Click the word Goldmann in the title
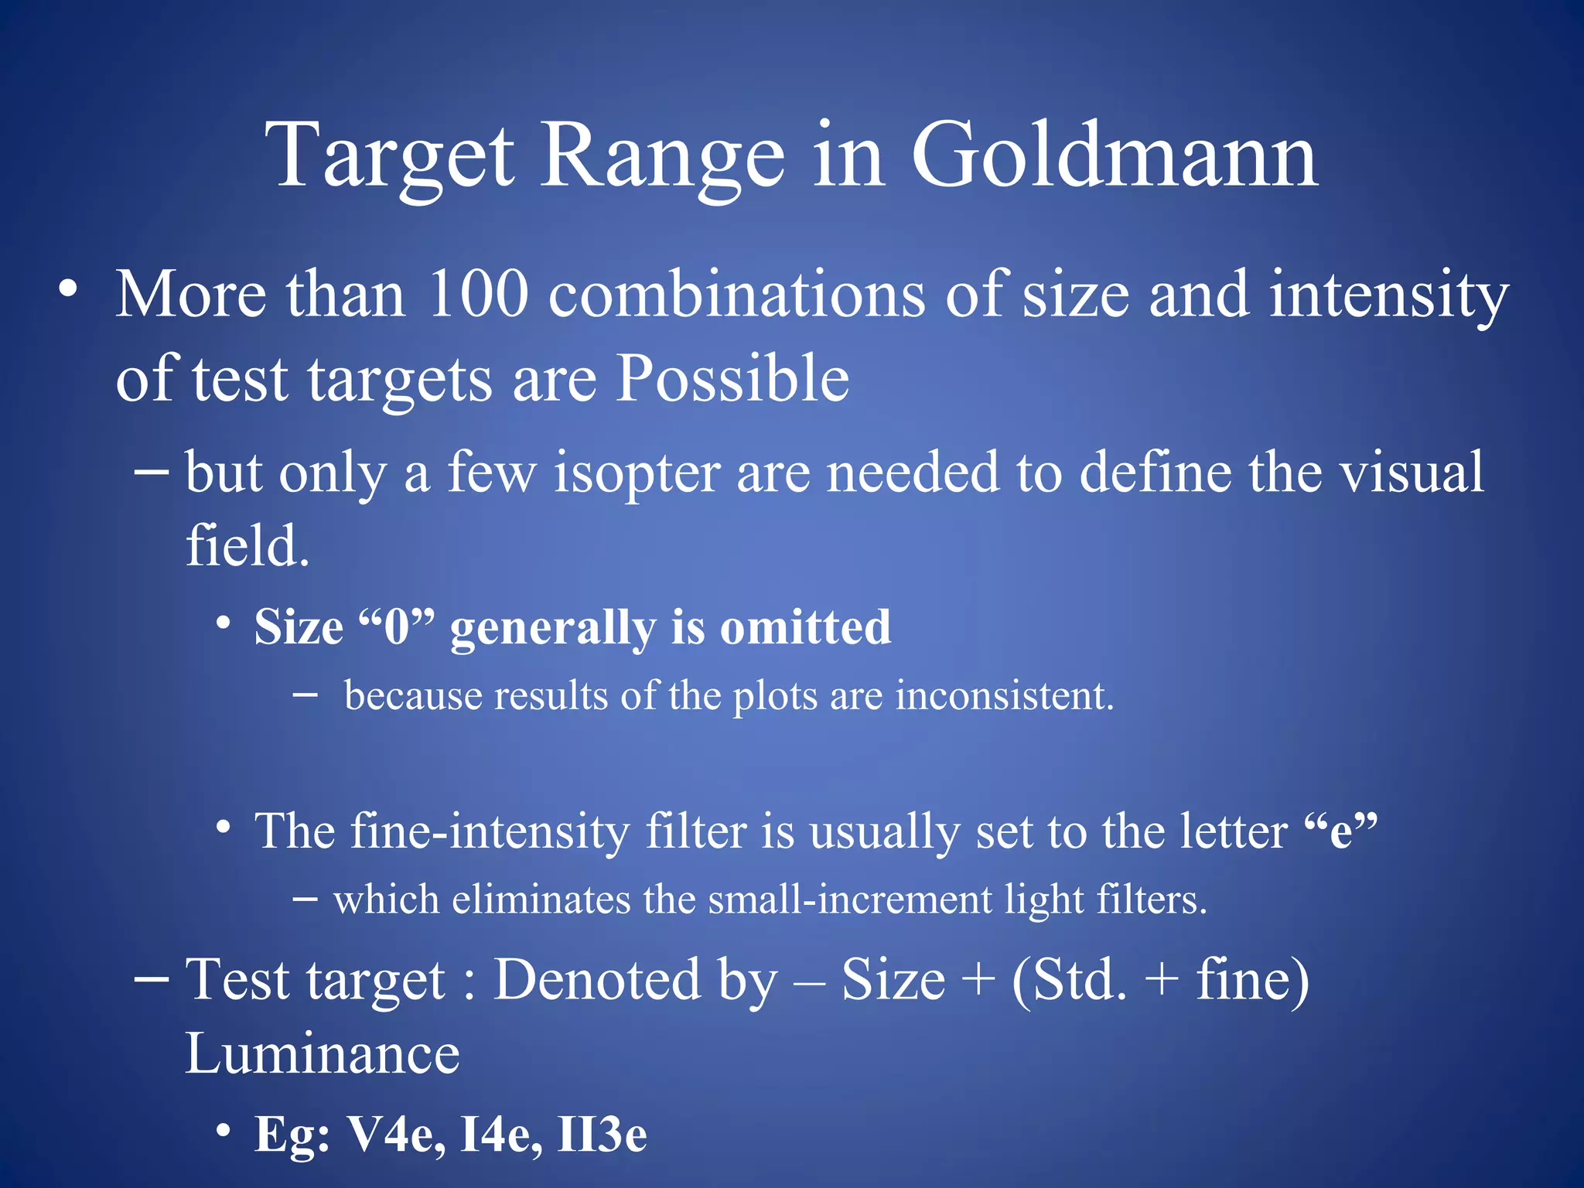pos(1114,159)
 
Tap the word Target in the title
pos(391,159)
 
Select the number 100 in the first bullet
pos(477,295)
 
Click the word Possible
pos(732,380)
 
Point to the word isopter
pos(637,473)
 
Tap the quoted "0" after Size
pos(398,627)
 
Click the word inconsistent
pos(1005,696)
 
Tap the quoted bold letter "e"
pos(1340,832)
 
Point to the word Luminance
pos(322,1055)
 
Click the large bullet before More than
pos(68,289)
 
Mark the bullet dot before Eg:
pos(224,1131)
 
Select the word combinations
pos(736,295)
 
